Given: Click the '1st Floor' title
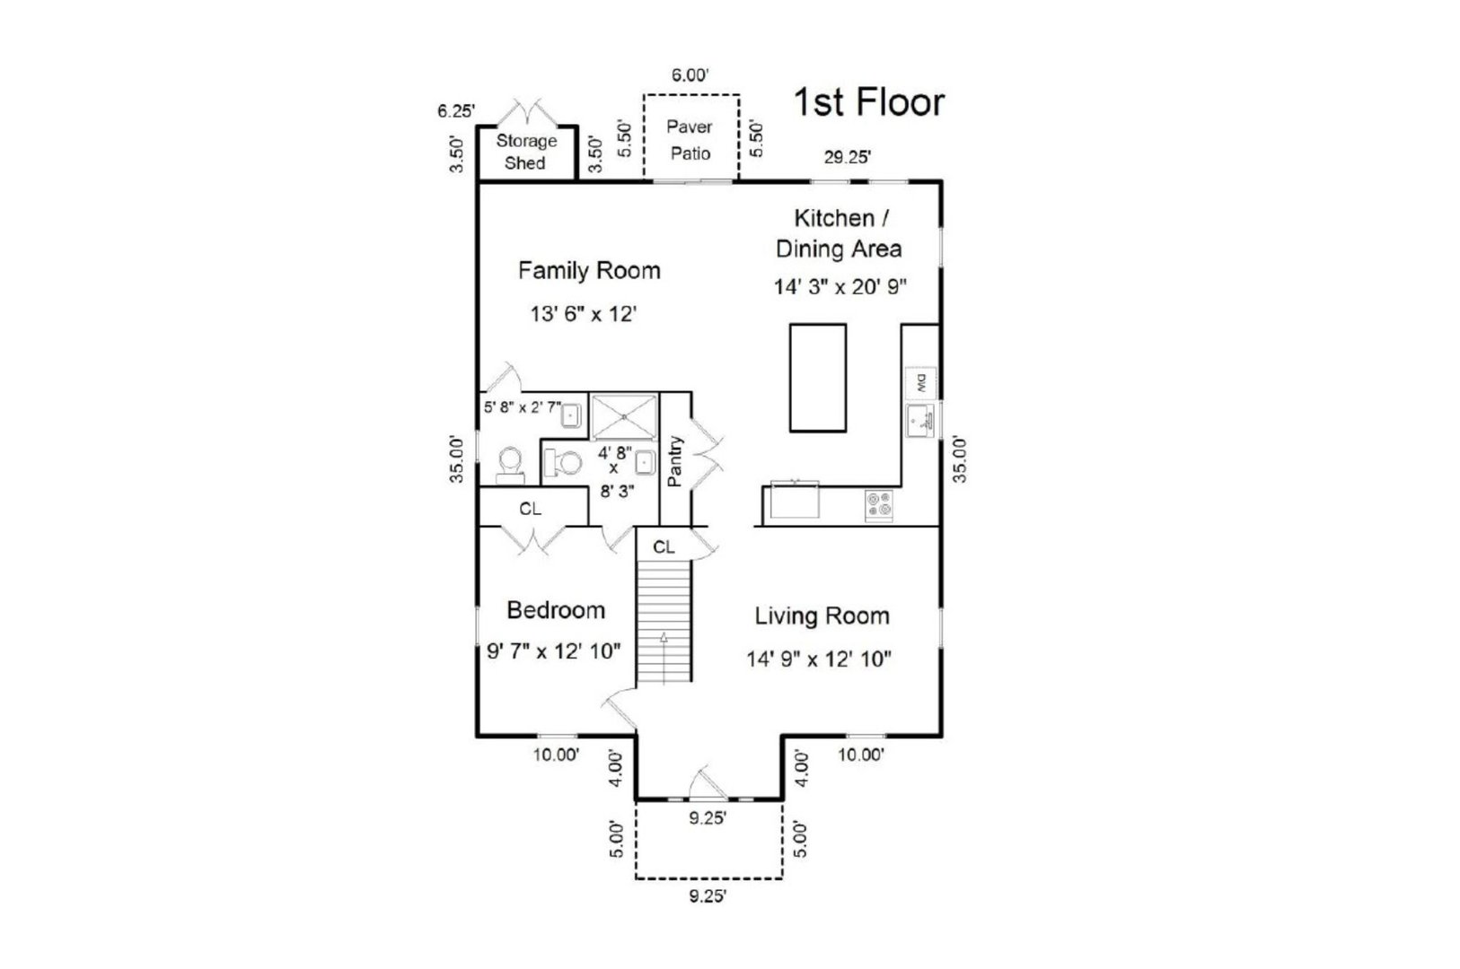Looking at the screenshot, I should pos(868,102).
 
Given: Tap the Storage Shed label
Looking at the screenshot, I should pos(526,152).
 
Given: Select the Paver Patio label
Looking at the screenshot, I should pos(690,140).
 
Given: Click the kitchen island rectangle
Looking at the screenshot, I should pos(817,378).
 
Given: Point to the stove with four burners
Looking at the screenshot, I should pos(879,506).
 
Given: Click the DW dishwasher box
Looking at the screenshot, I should pos(920,383).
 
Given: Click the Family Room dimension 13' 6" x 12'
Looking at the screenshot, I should pos(583,314).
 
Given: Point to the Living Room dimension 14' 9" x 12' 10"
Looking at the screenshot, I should pos(818,659).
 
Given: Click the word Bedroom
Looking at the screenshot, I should pos(556,610).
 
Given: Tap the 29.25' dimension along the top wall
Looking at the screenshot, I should pos(848,158).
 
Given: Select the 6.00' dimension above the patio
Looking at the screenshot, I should pos(690,75).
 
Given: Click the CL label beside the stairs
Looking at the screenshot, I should pos(664,547).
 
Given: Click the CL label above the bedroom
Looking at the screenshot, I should pos(531,509).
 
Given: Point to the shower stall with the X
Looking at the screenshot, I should pos(625,415).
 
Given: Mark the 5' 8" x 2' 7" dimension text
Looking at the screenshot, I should pos(522,406).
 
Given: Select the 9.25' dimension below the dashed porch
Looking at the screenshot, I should pos(708,895).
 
